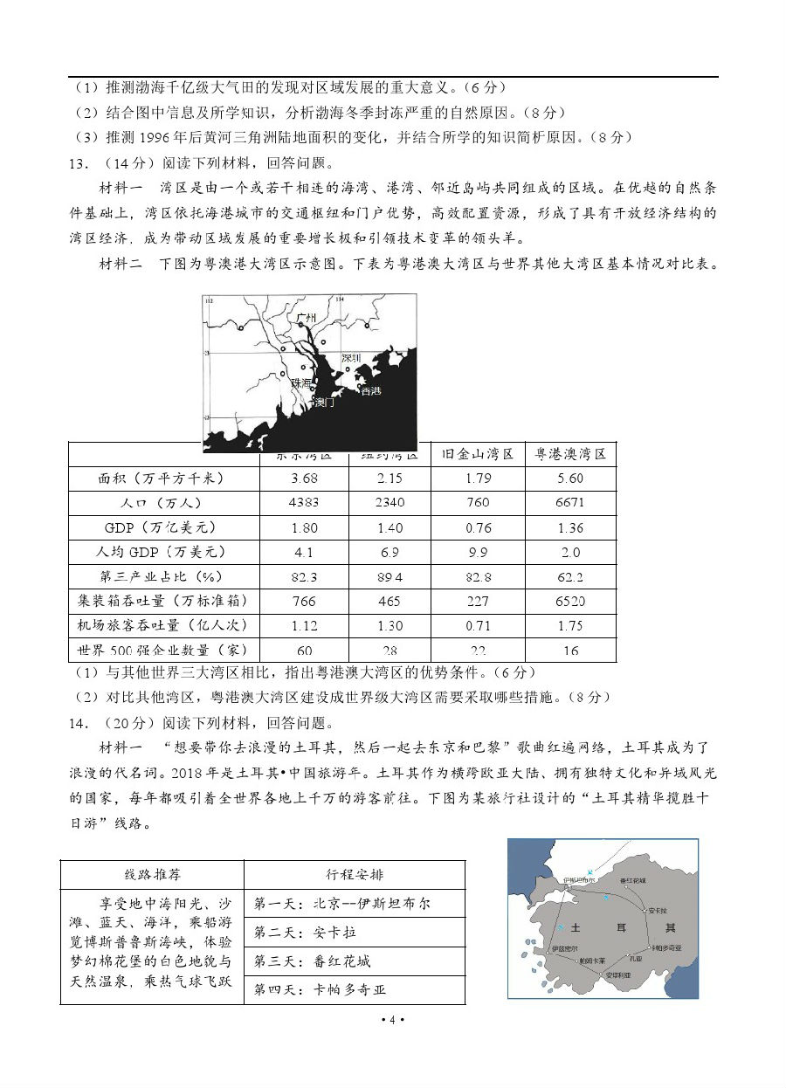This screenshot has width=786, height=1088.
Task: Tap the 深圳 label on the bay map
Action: tap(351, 358)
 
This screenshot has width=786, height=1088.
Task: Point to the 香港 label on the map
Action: tap(370, 390)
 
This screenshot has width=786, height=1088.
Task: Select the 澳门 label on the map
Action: tap(323, 403)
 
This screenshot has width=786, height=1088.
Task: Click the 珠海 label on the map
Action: tap(301, 383)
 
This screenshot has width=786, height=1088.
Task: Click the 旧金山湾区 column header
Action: tap(477, 454)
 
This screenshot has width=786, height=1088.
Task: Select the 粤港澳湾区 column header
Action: tap(570, 454)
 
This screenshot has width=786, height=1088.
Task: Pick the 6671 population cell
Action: tap(570, 503)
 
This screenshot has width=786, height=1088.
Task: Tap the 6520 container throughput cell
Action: tap(570, 601)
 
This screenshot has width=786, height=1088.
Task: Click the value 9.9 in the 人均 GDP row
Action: tap(477, 552)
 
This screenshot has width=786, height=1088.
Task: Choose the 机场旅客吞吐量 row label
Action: tap(162, 625)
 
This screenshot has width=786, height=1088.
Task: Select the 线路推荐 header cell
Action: tap(152, 874)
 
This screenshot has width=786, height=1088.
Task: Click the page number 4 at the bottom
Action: tap(393, 1020)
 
